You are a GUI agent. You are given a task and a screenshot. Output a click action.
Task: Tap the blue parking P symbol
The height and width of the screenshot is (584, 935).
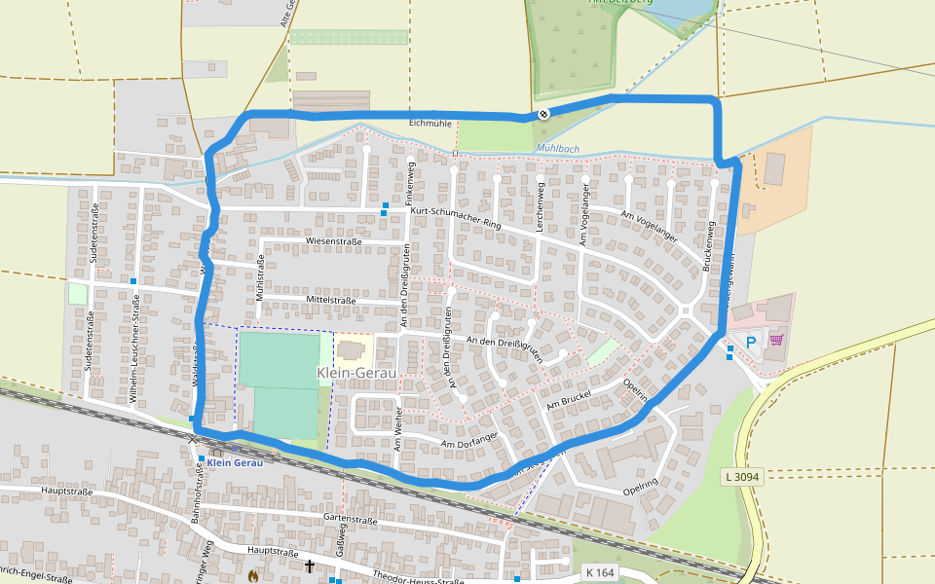point(751,341)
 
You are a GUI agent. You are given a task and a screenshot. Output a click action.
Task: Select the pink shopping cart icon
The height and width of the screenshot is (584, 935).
point(776,340)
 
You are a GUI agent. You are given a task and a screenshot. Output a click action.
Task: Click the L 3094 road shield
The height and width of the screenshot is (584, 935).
point(743,477)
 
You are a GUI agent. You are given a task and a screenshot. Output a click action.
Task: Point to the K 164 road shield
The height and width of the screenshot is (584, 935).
point(600,572)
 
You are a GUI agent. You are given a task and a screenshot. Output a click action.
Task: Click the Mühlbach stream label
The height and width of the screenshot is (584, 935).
point(557,149)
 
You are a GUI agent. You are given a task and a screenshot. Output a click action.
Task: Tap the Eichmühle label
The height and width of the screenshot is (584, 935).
point(430,124)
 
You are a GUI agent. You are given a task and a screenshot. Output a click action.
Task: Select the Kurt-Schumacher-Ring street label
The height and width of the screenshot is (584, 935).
point(455,218)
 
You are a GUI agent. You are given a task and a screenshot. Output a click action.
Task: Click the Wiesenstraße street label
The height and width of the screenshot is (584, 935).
point(333,240)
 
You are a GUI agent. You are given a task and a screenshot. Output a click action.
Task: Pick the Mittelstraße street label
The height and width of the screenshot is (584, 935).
point(332,301)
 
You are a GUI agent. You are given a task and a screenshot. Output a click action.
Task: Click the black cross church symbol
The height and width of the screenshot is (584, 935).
point(310,566)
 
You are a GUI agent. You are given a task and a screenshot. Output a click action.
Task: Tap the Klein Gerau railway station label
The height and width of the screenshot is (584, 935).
point(235,461)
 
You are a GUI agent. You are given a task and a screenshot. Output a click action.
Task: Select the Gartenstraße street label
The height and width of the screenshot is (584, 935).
point(350,521)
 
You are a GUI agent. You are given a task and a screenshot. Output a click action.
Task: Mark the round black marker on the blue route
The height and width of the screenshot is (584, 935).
point(543,114)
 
